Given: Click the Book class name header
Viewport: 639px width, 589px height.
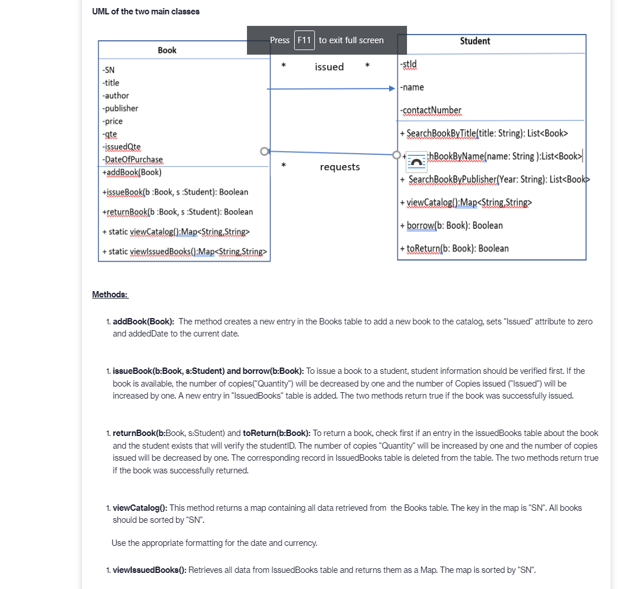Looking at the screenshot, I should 167,51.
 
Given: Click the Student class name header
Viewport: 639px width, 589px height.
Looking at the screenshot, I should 475,41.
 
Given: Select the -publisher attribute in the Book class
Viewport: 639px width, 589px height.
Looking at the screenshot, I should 120,108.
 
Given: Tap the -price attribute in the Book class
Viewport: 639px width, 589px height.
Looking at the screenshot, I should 112,121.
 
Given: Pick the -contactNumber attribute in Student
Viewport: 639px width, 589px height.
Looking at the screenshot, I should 430,110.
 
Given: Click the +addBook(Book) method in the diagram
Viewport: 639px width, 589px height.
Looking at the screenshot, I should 131,172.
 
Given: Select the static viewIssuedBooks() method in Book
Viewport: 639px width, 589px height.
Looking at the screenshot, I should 184,251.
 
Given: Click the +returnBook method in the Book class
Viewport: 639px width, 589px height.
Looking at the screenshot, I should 177,212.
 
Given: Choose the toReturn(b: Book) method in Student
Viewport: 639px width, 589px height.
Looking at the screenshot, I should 454,248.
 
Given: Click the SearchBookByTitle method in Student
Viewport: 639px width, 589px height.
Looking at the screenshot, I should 484,133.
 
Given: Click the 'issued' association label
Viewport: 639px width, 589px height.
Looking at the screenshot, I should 329,67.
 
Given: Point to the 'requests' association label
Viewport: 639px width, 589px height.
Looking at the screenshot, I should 340,167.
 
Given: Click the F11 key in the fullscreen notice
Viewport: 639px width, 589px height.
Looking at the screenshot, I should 304,40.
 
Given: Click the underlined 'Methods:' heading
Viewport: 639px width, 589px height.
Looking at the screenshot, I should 110,294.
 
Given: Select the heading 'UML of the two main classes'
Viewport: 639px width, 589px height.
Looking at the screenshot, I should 146,12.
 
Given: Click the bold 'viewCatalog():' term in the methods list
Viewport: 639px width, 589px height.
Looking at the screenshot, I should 140,508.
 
